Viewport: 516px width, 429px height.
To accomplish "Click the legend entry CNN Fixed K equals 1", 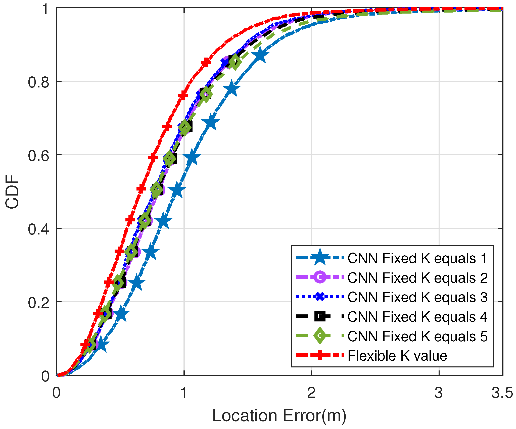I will pos(417,258).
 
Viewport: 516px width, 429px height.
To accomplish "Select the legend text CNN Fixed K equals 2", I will pos(417,278).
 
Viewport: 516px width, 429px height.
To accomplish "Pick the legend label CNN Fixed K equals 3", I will pos(417,297).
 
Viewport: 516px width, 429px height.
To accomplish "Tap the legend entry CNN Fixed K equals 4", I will pos(417,317).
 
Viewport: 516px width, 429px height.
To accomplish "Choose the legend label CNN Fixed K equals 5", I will pos(417,336).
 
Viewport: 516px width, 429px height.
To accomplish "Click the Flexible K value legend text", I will pos(397,356).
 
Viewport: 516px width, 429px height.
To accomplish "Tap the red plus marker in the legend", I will pos(320,355).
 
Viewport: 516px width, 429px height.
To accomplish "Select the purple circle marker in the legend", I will pos(320,277).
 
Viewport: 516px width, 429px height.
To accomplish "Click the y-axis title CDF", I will pos(12,192).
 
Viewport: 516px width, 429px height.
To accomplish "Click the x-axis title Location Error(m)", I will pos(279,415).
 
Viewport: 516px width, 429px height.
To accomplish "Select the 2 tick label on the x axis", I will pos(311,393).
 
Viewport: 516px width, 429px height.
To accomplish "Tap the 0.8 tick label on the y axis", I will pos(38,82).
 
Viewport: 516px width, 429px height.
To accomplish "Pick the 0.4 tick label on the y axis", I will pos(38,229).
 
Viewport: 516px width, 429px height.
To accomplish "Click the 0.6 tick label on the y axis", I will pos(38,156).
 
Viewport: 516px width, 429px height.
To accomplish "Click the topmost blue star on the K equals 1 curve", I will pos(261,55).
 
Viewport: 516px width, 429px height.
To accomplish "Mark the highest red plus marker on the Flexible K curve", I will pos(206,62).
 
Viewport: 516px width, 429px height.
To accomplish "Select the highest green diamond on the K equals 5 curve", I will pos(235,62).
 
